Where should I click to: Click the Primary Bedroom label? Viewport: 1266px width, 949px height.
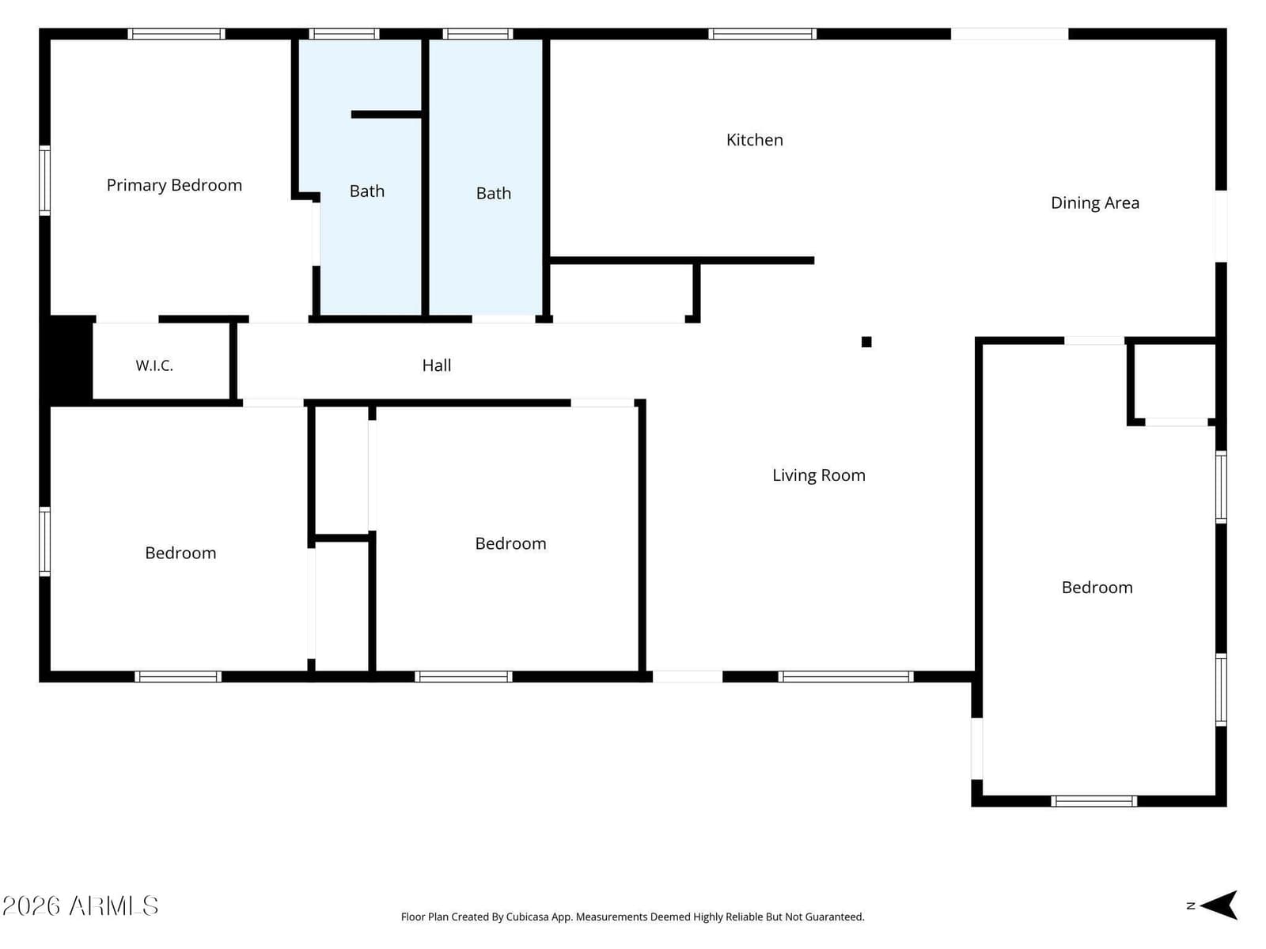174,186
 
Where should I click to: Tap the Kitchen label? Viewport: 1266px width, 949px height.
754,140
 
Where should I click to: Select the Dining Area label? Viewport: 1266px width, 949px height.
1095,202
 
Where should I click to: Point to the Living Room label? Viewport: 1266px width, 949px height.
818,475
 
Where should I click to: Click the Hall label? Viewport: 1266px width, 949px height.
437,365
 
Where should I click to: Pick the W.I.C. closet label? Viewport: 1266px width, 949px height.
154,365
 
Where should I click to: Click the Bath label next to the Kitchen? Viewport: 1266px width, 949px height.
494,193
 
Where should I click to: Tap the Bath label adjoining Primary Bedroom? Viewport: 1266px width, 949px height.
367,191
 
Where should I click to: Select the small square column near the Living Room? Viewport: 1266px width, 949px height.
866,342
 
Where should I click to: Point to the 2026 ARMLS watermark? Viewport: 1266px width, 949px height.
80,906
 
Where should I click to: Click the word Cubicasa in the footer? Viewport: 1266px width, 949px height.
527,917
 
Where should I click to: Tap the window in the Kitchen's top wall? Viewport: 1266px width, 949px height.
762,34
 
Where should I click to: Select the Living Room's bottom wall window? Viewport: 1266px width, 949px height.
846,676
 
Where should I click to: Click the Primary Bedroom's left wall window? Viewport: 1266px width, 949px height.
45,181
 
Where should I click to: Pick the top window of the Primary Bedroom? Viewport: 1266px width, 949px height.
176,34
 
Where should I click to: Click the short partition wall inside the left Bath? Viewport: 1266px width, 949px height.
386,115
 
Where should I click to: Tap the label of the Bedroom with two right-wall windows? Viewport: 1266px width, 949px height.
1097,588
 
